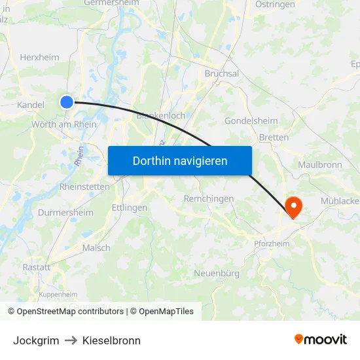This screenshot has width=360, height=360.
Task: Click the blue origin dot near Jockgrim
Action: coord(67,101)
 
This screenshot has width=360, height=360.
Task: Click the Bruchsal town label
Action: coord(221,73)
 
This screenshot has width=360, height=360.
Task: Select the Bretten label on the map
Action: coord(274,137)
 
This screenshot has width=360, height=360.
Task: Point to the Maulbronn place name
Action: coord(319,165)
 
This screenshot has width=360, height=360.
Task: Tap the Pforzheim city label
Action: coord(271,243)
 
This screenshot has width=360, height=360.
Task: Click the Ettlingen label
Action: coord(130,207)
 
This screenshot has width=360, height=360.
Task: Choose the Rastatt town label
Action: coord(36,267)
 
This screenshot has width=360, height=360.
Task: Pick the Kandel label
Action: coord(31,105)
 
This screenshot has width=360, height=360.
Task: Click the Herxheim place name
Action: coord(39,57)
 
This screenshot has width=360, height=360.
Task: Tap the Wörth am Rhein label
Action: coord(64,124)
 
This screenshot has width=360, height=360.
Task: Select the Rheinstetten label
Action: coord(84,187)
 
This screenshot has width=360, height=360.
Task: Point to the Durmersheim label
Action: coord(65,213)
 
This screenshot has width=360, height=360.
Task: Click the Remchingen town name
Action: coord(209,198)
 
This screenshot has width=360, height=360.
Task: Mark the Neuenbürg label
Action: coord(217,273)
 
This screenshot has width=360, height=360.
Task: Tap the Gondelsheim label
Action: coord(251,121)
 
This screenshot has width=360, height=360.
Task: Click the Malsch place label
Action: coord(96,248)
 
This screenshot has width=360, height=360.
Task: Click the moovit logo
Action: coord(321,340)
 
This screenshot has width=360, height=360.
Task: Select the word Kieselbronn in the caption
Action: coord(111,340)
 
